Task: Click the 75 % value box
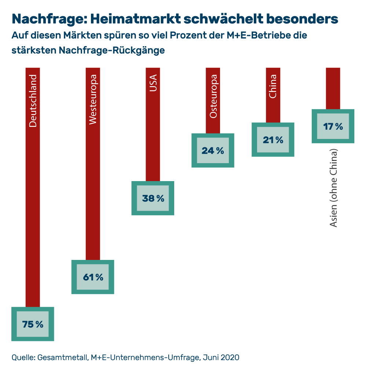[33, 324]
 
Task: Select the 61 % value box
[93, 277]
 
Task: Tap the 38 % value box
[153, 198]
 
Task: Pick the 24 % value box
[213, 150]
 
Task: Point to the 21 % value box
[273, 140]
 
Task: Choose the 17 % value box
[333, 126]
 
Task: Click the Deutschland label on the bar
[33, 101]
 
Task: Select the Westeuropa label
[93, 99]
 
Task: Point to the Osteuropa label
[213, 96]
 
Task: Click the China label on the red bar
[273, 87]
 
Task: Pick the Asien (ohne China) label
[333, 188]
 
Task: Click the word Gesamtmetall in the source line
[61, 357]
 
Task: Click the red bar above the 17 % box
[333, 88]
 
